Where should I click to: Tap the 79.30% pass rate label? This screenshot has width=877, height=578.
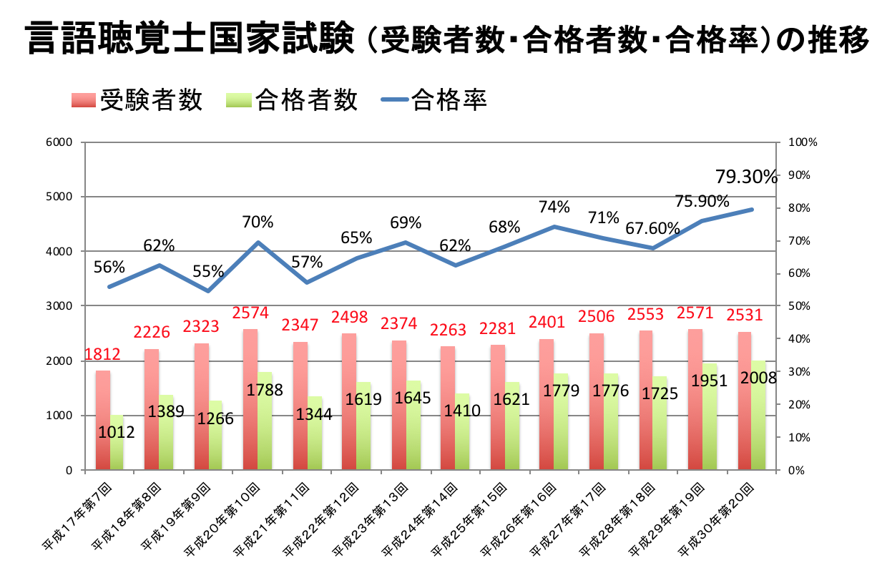tap(745, 176)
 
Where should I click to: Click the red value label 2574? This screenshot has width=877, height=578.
tap(250, 313)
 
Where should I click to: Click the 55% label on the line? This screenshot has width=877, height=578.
tap(208, 271)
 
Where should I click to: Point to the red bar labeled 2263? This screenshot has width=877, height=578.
tap(448, 408)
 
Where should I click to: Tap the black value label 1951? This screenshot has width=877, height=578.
tap(709, 381)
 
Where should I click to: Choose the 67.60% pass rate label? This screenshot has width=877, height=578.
tap(652, 228)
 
